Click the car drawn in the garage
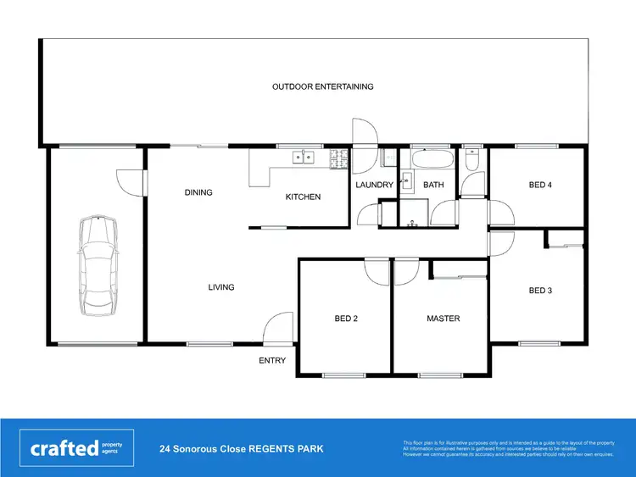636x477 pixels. (97, 263)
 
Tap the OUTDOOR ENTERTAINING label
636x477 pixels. (322, 86)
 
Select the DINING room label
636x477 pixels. (198, 192)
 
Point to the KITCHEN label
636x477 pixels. (303, 197)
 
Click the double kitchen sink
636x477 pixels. (303, 157)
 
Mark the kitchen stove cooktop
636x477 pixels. (340, 157)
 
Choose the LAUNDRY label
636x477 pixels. (374, 185)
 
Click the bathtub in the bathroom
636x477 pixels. (432, 158)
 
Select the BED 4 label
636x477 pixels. (540, 185)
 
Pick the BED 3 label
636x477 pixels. (540, 291)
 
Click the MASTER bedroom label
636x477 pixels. (443, 319)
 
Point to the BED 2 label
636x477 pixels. (346, 319)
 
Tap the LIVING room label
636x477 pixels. (221, 287)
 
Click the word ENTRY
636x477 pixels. (272, 360)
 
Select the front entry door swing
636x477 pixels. (276, 329)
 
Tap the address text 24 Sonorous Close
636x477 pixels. (241, 448)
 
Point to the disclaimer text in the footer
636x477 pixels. (508, 448)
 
